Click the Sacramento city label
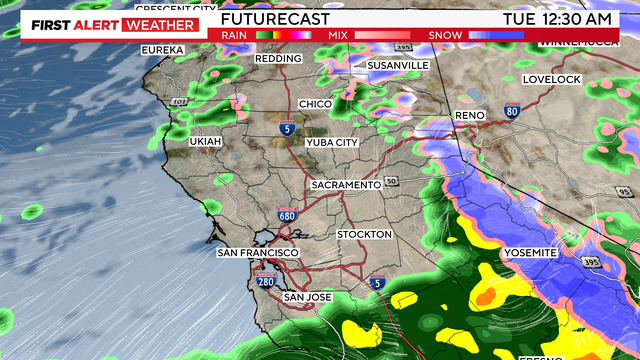[346, 186]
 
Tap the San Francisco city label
[254, 253]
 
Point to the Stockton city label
[365, 234]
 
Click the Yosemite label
[529, 253]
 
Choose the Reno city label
[469, 116]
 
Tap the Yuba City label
[332, 142]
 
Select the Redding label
[279, 59]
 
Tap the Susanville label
[398, 65]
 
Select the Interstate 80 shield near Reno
[512, 112]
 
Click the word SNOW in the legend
[444, 34]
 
